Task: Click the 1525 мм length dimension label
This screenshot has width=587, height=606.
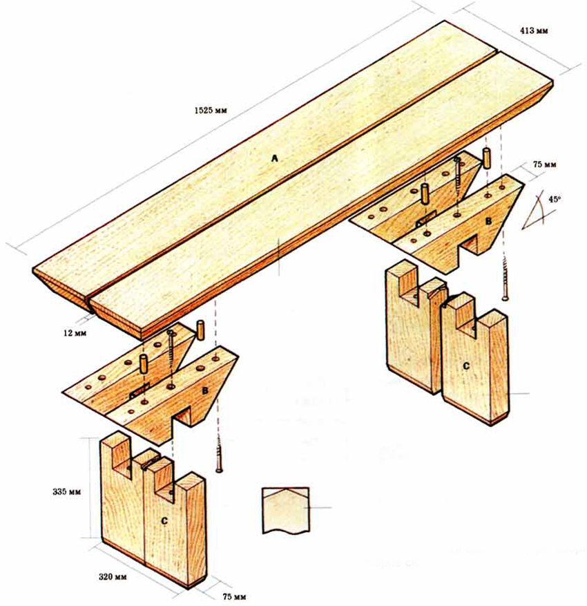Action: pyautogui.click(x=211, y=111)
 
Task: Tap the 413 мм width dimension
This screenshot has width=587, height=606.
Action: pyautogui.click(x=535, y=30)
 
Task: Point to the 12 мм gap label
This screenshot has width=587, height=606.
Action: pyautogui.click(x=75, y=333)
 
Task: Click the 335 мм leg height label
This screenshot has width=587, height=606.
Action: pyautogui.click(x=67, y=492)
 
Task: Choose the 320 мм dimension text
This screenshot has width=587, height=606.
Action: pyautogui.click(x=112, y=577)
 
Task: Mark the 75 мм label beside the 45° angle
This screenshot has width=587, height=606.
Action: pyautogui.click(x=544, y=164)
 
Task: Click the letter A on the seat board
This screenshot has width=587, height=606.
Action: pyautogui.click(x=275, y=158)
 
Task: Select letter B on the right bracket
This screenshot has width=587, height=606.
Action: pyautogui.click(x=488, y=221)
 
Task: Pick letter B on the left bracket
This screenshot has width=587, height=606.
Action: pyautogui.click(x=205, y=390)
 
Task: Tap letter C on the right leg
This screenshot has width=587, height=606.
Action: pyautogui.click(x=466, y=366)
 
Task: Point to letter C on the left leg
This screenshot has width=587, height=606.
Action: pyautogui.click(x=164, y=521)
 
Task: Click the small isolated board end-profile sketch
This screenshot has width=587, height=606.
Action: pyautogui.click(x=286, y=511)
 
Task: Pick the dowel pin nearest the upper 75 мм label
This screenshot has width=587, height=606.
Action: pyautogui.click(x=486, y=158)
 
